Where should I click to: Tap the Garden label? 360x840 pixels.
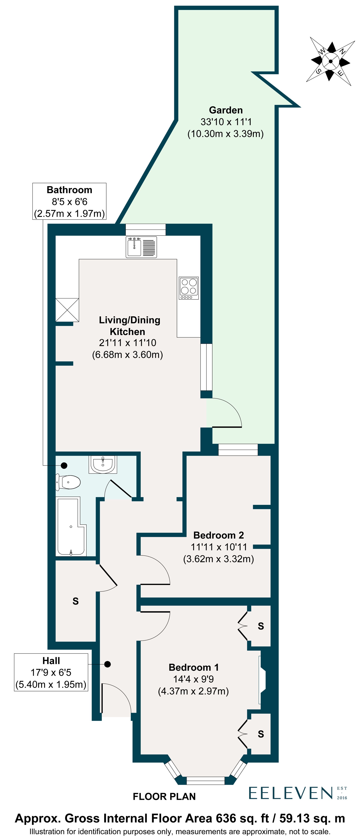(226, 110)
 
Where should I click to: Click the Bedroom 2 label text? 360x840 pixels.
(219, 535)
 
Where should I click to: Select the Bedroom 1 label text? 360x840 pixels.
(193, 667)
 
